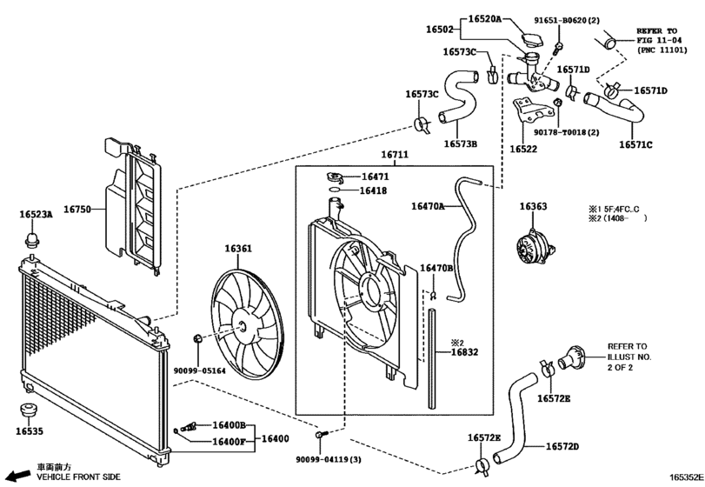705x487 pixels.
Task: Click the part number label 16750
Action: point(76,209)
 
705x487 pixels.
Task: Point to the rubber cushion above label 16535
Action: point(30,411)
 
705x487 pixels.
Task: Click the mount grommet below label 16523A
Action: point(31,240)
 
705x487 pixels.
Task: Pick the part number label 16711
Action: point(395,155)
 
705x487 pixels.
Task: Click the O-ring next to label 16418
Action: point(334,190)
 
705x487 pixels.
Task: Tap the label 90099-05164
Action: point(200,370)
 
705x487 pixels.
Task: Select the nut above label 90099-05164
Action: point(197,338)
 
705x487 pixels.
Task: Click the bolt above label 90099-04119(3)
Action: point(321,435)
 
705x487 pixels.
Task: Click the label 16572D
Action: point(562,446)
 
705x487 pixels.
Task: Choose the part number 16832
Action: point(464,352)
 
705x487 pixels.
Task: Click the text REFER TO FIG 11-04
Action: point(656,36)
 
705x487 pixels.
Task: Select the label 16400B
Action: point(229,425)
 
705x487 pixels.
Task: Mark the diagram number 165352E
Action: point(687,477)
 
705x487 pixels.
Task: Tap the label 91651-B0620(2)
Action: point(567,20)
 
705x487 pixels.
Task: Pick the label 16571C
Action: point(635,145)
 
